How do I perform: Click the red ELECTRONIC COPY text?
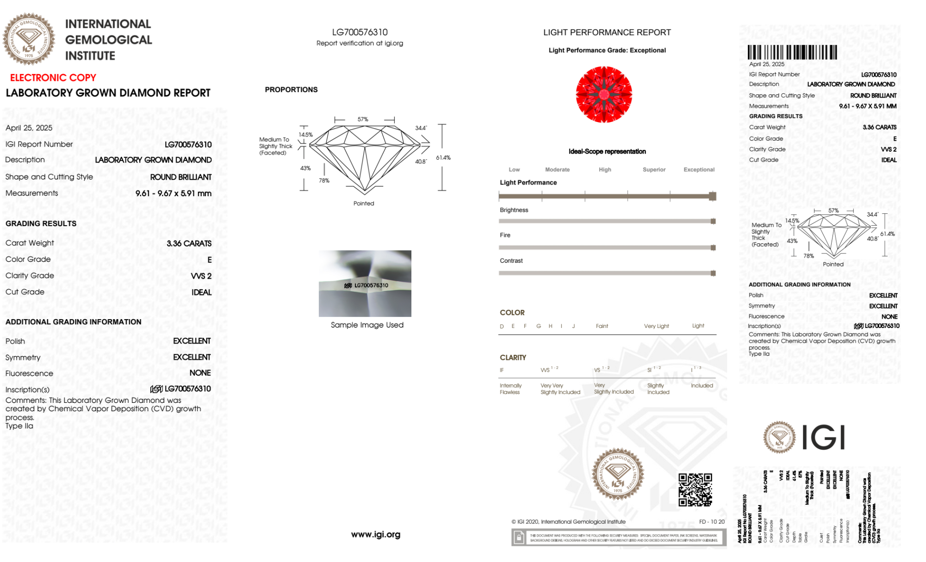click(x=53, y=78)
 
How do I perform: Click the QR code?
click(x=695, y=490)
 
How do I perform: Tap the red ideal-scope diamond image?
click(x=604, y=95)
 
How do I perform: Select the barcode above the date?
click(x=792, y=52)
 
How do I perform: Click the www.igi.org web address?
click(x=376, y=535)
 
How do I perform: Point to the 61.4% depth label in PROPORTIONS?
click(x=443, y=158)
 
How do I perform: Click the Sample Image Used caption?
click(x=367, y=325)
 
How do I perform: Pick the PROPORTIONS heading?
click(x=291, y=90)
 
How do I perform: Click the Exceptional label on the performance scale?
click(x=699, y=170)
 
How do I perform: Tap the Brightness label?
click(x=514, y=210)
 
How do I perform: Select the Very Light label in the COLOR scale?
click(x=656, y=326)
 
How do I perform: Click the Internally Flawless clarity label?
click(x=510, y=389)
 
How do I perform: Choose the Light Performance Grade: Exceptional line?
click(x=607, y=50)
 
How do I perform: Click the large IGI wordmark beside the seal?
click(x=823, y=438)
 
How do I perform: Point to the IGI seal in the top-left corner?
click(x=29, y=39)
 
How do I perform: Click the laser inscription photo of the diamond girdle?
click(x=365, y=284)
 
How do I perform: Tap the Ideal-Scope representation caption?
click(x=607, y=152)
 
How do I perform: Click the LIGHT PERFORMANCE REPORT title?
click(x=607, y=32)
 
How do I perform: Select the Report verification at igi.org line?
click(x=360, y=43)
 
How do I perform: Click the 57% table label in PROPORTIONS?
click(x=363, y=119)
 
